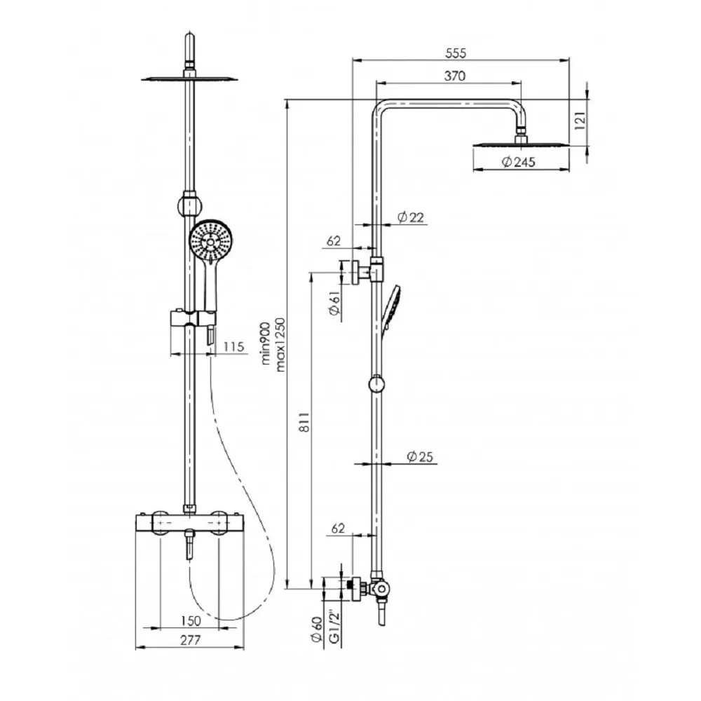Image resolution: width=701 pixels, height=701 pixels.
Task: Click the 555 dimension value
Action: coord(456,53)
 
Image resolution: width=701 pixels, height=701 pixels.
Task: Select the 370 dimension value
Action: coord(455,76)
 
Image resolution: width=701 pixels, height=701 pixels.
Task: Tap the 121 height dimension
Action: coord(580,121)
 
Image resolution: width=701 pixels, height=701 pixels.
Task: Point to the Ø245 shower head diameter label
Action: coord(518,161)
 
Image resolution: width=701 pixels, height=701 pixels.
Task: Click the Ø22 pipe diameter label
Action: coord(410,217)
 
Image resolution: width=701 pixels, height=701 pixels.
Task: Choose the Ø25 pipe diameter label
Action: coord(420,456)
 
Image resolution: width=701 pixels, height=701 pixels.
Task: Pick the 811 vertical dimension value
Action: coord(304,421)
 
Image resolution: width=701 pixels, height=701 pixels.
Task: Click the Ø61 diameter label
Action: coord(334,303)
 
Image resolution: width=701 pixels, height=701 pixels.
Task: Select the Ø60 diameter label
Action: coord(317,629)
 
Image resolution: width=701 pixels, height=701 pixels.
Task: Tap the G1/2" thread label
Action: coord(334,626)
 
